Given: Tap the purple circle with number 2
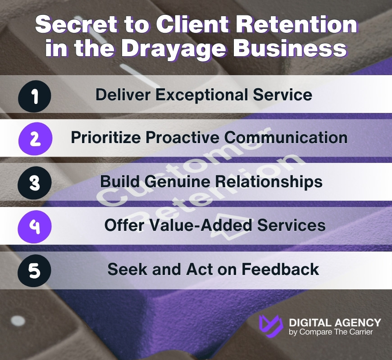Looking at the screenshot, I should point(35,138).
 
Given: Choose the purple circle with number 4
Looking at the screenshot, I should point(35,226).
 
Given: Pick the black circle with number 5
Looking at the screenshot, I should point(35,270).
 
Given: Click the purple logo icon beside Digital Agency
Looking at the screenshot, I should point(271,326).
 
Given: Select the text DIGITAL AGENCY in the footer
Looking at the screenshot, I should point(334,322).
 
